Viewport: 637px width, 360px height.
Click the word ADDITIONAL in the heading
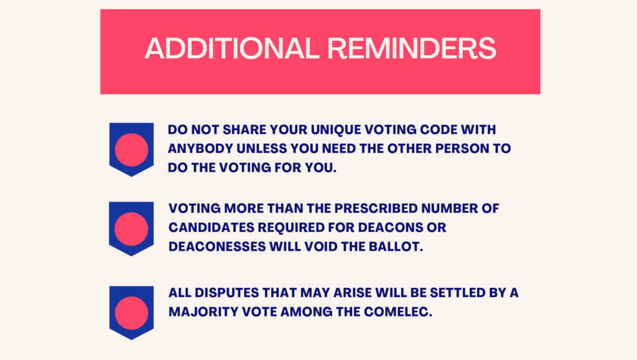pyautogui.click(x=232, y=48)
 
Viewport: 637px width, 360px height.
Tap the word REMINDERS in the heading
pyautogui.click(x=412, y=48)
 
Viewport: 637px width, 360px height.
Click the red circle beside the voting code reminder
pyautogui.click(x=131, y=150)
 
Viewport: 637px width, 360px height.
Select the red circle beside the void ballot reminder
pyautogui.click(x=131, y=229)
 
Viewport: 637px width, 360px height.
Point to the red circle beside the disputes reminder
pyautogui.click(x=131, y=313)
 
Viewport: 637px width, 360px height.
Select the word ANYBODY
pyautogui.click(x=200, y=149)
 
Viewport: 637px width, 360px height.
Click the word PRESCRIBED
pyautogui.click(x=376, y=208)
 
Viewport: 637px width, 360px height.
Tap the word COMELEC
pyautogui.click(x=398, y=312)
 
